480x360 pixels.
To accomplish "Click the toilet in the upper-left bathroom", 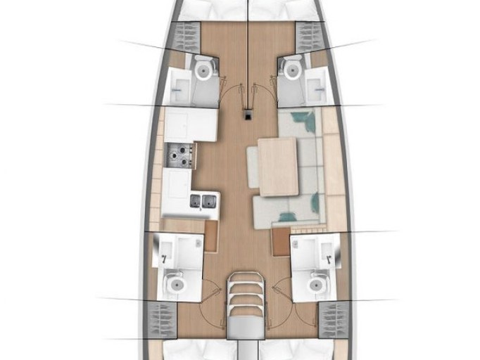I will tap(203, 68).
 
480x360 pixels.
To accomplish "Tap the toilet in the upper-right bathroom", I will tap(289, 67).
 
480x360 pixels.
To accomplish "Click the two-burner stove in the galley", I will tap(180, 155).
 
